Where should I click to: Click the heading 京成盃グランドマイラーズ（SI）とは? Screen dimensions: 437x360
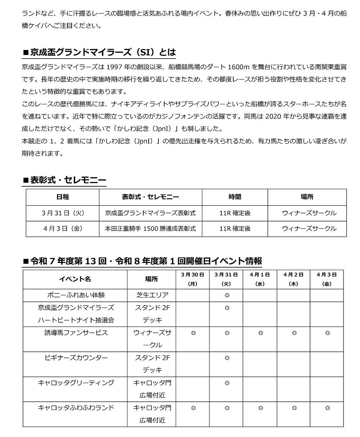point(99,53)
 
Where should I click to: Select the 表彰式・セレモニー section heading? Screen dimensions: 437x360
point(64,180)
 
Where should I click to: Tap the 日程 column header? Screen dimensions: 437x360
point(63,197)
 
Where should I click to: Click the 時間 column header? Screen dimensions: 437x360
point(235,197)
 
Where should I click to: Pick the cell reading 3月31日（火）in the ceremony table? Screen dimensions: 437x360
point(63,213)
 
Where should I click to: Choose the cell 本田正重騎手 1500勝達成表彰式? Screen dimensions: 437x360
point(150,228)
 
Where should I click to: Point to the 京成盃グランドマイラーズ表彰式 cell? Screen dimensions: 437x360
point(150,213)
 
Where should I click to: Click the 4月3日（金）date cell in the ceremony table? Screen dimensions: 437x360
point(63,228)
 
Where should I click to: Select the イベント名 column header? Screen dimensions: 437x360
point(75,279)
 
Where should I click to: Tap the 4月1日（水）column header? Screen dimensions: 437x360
point(260,279)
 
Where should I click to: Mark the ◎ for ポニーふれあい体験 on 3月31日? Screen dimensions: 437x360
point(227,295)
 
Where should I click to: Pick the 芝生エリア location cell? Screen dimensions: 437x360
point(152,295)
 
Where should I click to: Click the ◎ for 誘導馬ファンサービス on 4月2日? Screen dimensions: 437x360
point(294,333)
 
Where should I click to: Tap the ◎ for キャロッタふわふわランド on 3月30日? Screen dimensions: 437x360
point(193,408)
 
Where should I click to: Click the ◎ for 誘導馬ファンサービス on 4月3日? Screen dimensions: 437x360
point(327,333)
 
